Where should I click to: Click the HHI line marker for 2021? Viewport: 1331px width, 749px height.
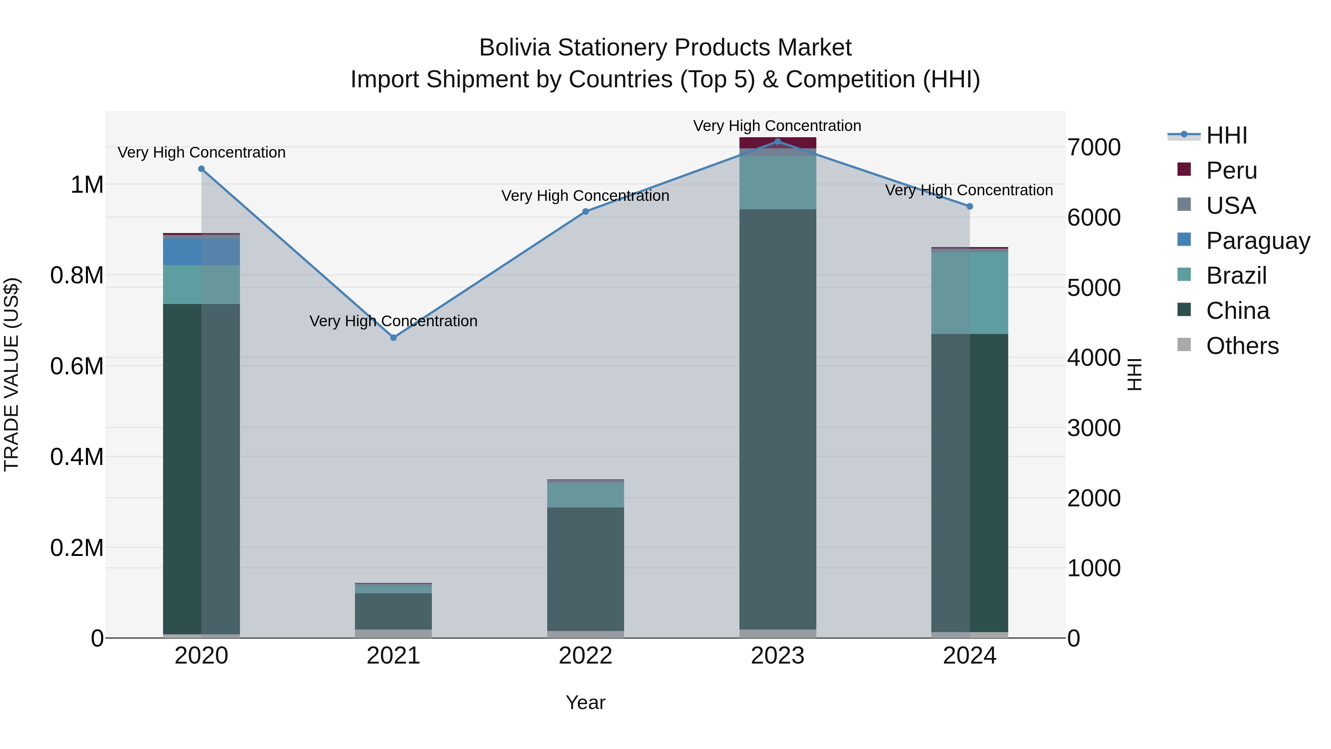393,338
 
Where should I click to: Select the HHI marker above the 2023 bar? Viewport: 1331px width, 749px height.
777,142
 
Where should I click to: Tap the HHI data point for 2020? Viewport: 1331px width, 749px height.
201,169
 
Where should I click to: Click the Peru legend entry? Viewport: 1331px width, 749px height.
1231,171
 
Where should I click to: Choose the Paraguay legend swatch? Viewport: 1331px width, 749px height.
1184,240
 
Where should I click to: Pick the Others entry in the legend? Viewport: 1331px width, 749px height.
1242,346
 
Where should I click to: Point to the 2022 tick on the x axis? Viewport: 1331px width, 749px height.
585,656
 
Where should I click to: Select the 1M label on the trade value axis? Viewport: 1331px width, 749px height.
87,185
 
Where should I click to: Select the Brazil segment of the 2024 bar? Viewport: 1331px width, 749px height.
969,293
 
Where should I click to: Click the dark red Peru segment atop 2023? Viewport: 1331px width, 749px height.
777,143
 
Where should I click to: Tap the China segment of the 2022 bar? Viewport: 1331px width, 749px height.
585,569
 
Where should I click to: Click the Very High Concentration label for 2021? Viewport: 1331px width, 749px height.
393,321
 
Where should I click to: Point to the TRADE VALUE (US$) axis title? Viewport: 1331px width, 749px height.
11,374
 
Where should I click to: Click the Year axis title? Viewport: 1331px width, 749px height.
585,702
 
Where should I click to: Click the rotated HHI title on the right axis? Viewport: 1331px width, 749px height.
1134,374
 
